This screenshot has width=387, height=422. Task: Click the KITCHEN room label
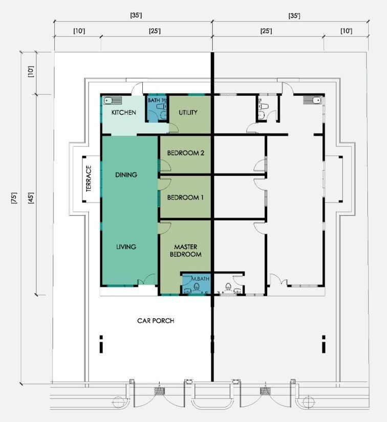(123, 112)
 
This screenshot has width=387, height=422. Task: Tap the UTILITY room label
(188, 112)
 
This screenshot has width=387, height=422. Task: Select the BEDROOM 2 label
(185, 153)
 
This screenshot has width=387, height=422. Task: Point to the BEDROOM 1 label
(185, 197)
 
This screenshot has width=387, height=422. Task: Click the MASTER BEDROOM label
(185, 251)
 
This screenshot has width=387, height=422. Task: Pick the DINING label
(126, 174)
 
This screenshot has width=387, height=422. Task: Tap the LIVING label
(126, 247)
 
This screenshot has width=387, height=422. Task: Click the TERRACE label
(89, 179)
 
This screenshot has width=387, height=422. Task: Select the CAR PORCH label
(156, 321)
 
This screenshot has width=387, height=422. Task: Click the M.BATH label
(200, 279)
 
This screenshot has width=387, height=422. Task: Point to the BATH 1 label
(156, 100)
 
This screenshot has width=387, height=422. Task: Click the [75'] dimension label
(14, 198)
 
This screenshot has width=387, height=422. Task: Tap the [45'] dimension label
(31, 198)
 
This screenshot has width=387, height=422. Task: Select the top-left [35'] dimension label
(136, 15)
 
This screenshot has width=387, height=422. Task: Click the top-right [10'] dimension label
(346, 31)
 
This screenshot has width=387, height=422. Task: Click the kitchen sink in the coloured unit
(113, 101)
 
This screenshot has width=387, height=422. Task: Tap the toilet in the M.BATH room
(197, 286)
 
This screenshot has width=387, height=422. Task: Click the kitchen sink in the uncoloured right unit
(312, 100)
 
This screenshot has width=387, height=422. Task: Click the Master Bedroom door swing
(165, 228)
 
